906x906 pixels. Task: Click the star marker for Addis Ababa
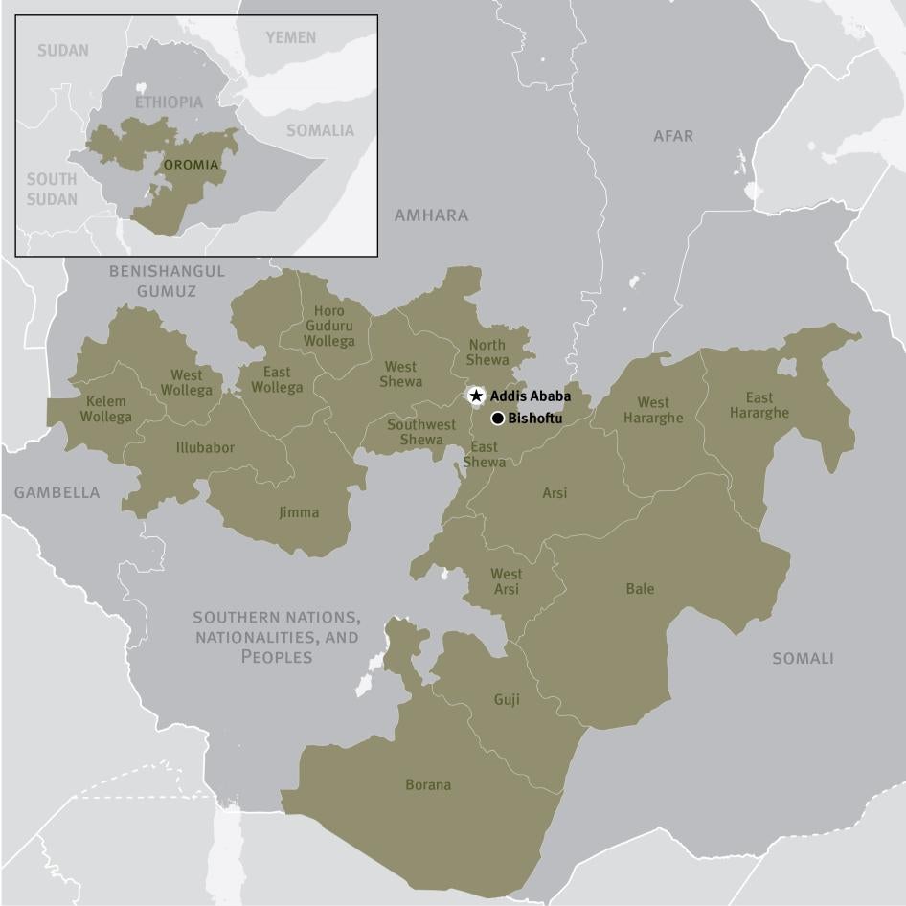coord(476,396)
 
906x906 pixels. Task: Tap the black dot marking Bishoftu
coord(498,418)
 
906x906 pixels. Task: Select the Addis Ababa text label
coord(531,396)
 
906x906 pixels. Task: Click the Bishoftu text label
coord(535,419)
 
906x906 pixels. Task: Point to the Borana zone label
coord(428,785)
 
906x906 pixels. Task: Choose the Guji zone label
coord(507,700)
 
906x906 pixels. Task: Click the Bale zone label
coord(640,589)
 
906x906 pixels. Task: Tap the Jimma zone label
coord(299,513)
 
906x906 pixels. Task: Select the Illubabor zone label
coord(205,447)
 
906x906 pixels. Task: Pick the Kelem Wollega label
coord(106,409)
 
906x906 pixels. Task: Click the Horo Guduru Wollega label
coord(328,326)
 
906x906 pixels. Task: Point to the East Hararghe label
coord(759,405)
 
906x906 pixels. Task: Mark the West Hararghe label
coord(653,410)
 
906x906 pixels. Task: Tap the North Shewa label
coord(487,352)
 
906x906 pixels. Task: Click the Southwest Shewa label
coord(421,432)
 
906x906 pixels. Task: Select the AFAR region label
coord(673,137)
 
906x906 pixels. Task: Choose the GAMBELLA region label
coord(57,492)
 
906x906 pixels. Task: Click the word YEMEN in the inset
coord(290,37)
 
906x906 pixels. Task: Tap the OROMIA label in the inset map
coord(191,165)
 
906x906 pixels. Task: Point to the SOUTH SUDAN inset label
coord(52,189)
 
